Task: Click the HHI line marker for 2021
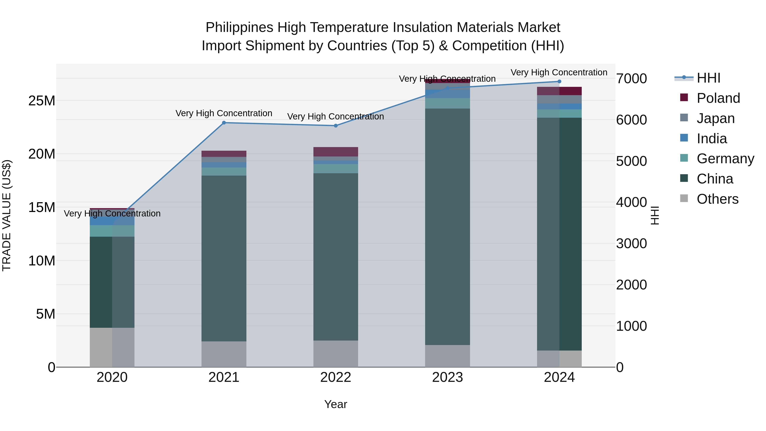[x=224, y=123]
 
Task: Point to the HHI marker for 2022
[x=336, y=126]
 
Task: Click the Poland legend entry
[x=718, y=98]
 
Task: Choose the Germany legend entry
[x=725, y=159]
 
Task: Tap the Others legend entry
[x=717, y=199]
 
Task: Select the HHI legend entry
[x=708, y=78]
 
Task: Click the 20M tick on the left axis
[x=42, y=154]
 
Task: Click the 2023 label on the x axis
[x=447, y=377]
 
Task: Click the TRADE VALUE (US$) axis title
[x=7, y=215]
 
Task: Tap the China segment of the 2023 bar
[x=447, y=226]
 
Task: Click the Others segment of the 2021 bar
[x=224, y=354]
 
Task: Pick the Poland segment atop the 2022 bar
[x=336, y=152]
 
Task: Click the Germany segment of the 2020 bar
[x=112, y=231]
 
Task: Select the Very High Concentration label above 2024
[x=559, y=73]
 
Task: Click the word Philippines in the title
[x=239, y=28]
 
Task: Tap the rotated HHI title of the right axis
[x=655, y=215]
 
